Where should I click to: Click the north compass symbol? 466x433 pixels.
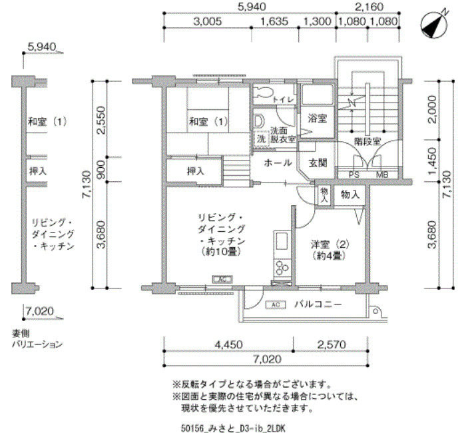point(435,25)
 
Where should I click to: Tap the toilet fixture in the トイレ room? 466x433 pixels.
point(262,91)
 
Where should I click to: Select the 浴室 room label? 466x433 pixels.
point(317,119)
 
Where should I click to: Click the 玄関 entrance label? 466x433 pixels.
point(318,163)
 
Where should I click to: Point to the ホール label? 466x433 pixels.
point(278,163)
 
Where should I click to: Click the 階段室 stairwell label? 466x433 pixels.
point(367,141)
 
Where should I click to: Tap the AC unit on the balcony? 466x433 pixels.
point(276,305)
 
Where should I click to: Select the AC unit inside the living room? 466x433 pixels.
point(222,279)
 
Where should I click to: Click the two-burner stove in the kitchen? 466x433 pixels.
point(282,268)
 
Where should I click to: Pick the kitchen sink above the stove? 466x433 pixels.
point(282,241)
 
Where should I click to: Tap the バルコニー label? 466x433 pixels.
point(318,304)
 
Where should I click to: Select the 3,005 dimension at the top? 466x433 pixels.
point(208,21)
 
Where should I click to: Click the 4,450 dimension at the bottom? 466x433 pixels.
point(228,344)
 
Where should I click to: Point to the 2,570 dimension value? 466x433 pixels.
point(332,344)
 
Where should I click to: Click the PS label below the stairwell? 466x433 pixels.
point(353,175)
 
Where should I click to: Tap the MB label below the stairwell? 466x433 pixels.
point(382,175)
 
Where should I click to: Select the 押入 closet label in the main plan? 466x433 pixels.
point(196,171)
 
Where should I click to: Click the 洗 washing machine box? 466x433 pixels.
point(261,139)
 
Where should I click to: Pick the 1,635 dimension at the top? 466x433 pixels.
point(274,21)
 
